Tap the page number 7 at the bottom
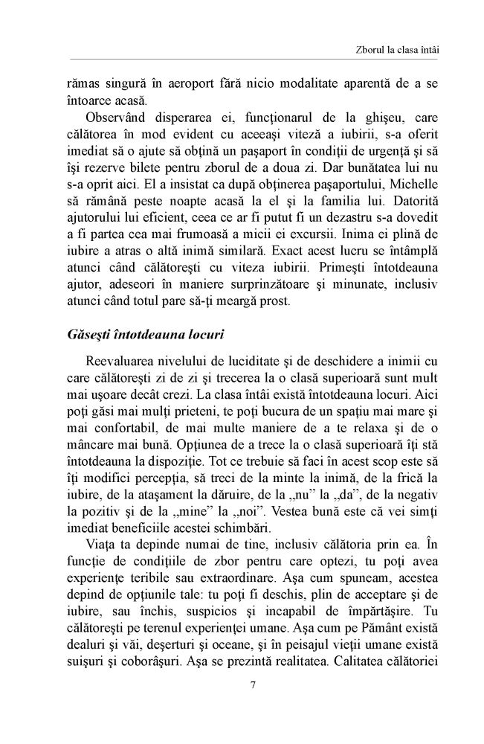click(253, 685)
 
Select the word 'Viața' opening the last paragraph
click(100, 513)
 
